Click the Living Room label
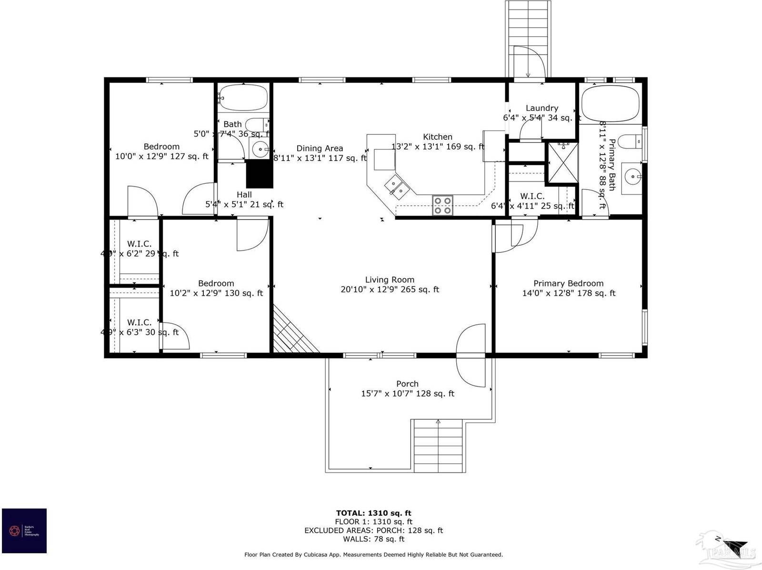click(x=390, y=280)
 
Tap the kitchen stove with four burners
click(x=442, y=205)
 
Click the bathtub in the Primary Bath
click(x=611, y=104)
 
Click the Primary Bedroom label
click(x=568, y=283)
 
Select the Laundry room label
click(x=541, y=108)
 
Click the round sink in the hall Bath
click(x=260, y=150)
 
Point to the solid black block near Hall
click(x=260, y=174)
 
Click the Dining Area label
click(x=320, y=149)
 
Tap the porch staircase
click(x=438, y=446)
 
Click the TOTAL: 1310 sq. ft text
click(x=373, y=513)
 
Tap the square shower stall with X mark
click(x=562, y=163)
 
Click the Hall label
click(x=244, y=194)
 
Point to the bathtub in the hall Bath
click(x=243, y=98)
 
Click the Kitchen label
click(x=437, y=137)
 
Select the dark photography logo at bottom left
click(x=24, y=530)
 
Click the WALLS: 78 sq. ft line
click(x=373, y=539)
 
